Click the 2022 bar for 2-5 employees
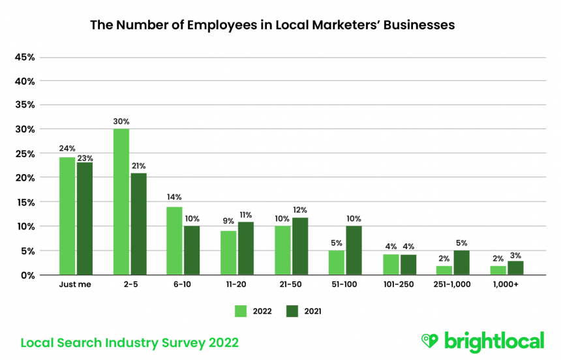[x=121, y=202]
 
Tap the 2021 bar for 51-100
[x=354, y=250]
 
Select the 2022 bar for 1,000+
[x=498, y=270]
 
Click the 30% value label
[x=121, y=121]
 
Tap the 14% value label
[x=175, y=198]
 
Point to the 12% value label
[x=300, y=210]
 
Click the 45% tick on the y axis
[x=25, y=57]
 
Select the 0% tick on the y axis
[x=28, y=275]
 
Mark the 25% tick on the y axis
[x=25, y=154]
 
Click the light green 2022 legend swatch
[x=240, y=311]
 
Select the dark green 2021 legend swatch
[x=292, y=311]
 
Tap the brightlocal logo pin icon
[x=429, y=341]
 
